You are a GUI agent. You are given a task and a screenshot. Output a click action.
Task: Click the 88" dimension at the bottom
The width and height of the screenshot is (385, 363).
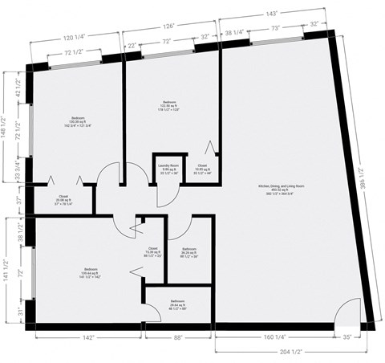[179, 337]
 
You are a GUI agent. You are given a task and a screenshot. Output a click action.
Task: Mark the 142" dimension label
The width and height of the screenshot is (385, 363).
[88, 337]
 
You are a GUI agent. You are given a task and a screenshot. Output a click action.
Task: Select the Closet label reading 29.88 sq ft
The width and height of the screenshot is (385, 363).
[63, 200]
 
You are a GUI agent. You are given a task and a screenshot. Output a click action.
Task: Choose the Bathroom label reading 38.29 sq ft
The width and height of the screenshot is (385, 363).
[188, 253]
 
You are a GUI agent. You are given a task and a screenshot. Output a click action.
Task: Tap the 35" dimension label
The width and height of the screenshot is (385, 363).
[347, 337]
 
